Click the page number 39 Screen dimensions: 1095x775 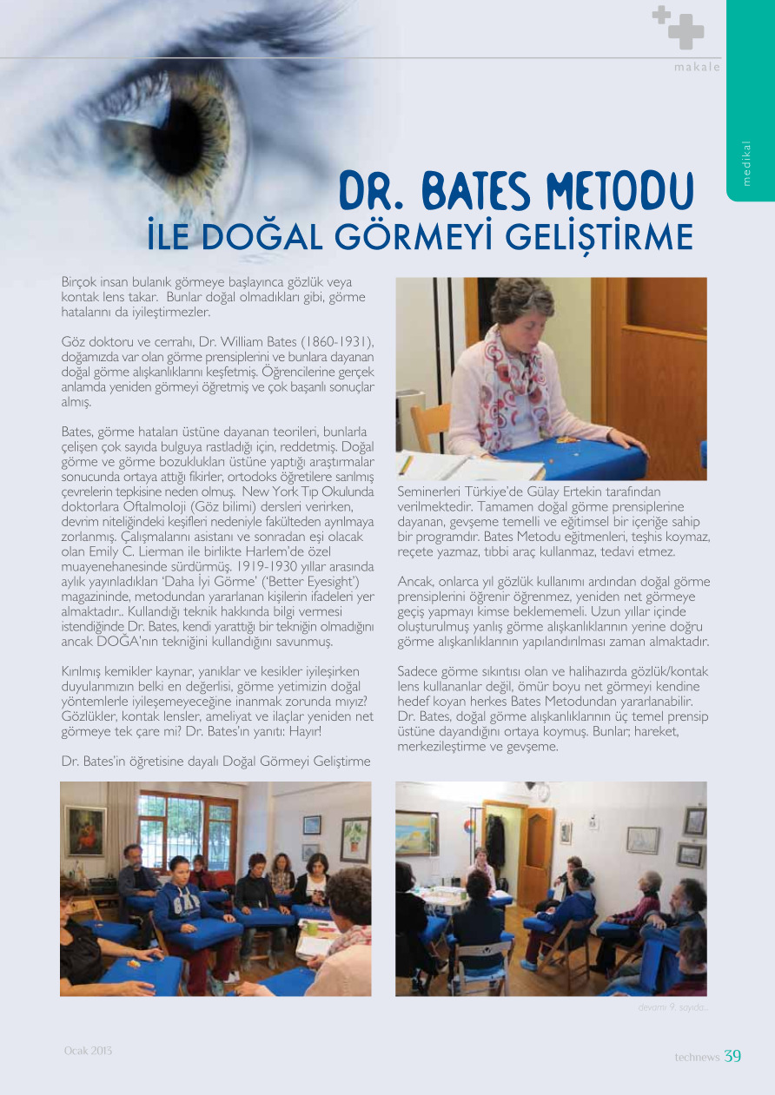pyautogui.click(x=732, y=1056)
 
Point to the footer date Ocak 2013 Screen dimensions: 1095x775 pyautogui.click(x=88, y=1051)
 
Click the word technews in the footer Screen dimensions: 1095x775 pyautogui.click(x=697, y=1057)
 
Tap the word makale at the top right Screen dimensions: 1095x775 pyautogui.click(x=697, y=67)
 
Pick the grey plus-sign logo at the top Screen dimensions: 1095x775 pyautogui.click(x=679, y=27)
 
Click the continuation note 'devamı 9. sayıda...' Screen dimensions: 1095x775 pyautogui.click(x=672, y=1007)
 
